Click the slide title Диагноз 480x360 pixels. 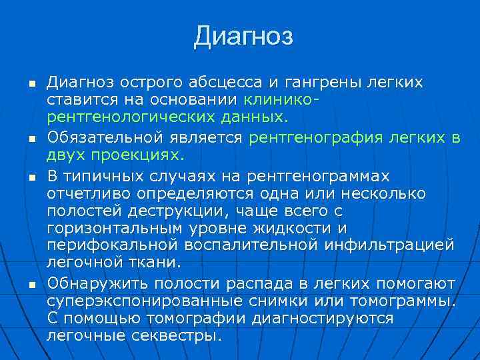tap(243, 36)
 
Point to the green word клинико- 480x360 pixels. tap(281, 101)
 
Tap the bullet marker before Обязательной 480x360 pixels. tap(31, 138)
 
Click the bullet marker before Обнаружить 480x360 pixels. tap(31, 283)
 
